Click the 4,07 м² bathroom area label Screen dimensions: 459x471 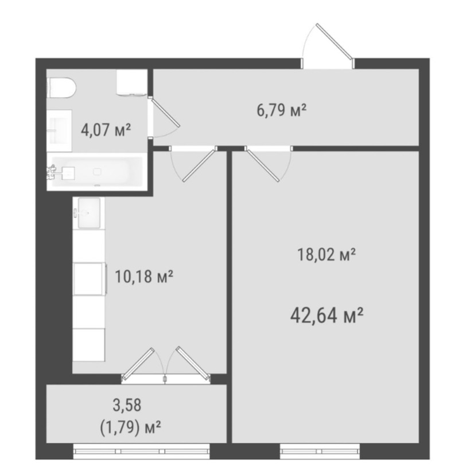[106, 130]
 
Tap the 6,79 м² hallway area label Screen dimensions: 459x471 [281, 110]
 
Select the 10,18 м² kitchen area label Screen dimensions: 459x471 [144, 276]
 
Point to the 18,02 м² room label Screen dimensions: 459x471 [326, 254]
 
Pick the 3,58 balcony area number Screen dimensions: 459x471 [127, 405]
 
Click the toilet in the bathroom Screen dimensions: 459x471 [62, 88]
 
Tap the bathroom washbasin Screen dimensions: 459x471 [60, 130]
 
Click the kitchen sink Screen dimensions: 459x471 [89, 213]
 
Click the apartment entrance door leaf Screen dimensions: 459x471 [334, 41]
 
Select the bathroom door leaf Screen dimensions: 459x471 [165, 113]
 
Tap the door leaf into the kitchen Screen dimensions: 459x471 [200, 164]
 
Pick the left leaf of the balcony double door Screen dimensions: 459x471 [137, 365]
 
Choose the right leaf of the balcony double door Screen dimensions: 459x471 [193, 364]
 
